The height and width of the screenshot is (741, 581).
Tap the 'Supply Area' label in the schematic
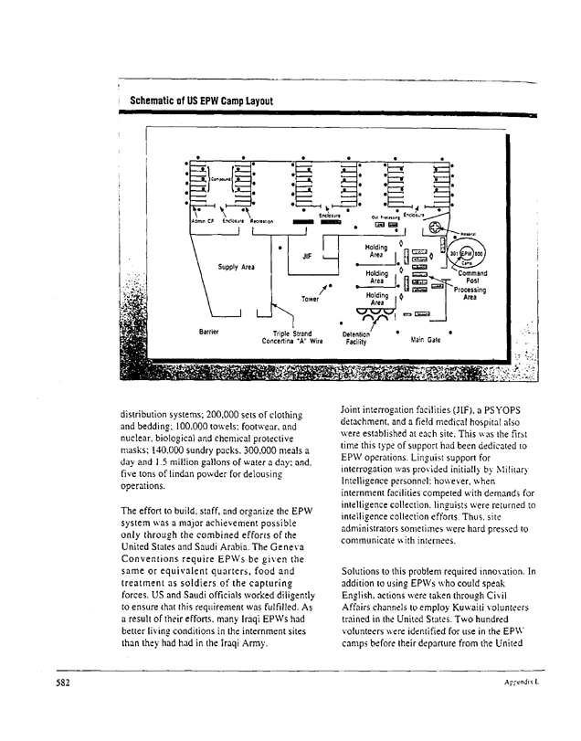[236, 268]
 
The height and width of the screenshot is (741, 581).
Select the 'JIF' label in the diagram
[307, 258]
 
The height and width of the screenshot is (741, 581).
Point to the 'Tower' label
[312, 299]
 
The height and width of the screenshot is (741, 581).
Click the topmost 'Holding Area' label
[375, 251]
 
